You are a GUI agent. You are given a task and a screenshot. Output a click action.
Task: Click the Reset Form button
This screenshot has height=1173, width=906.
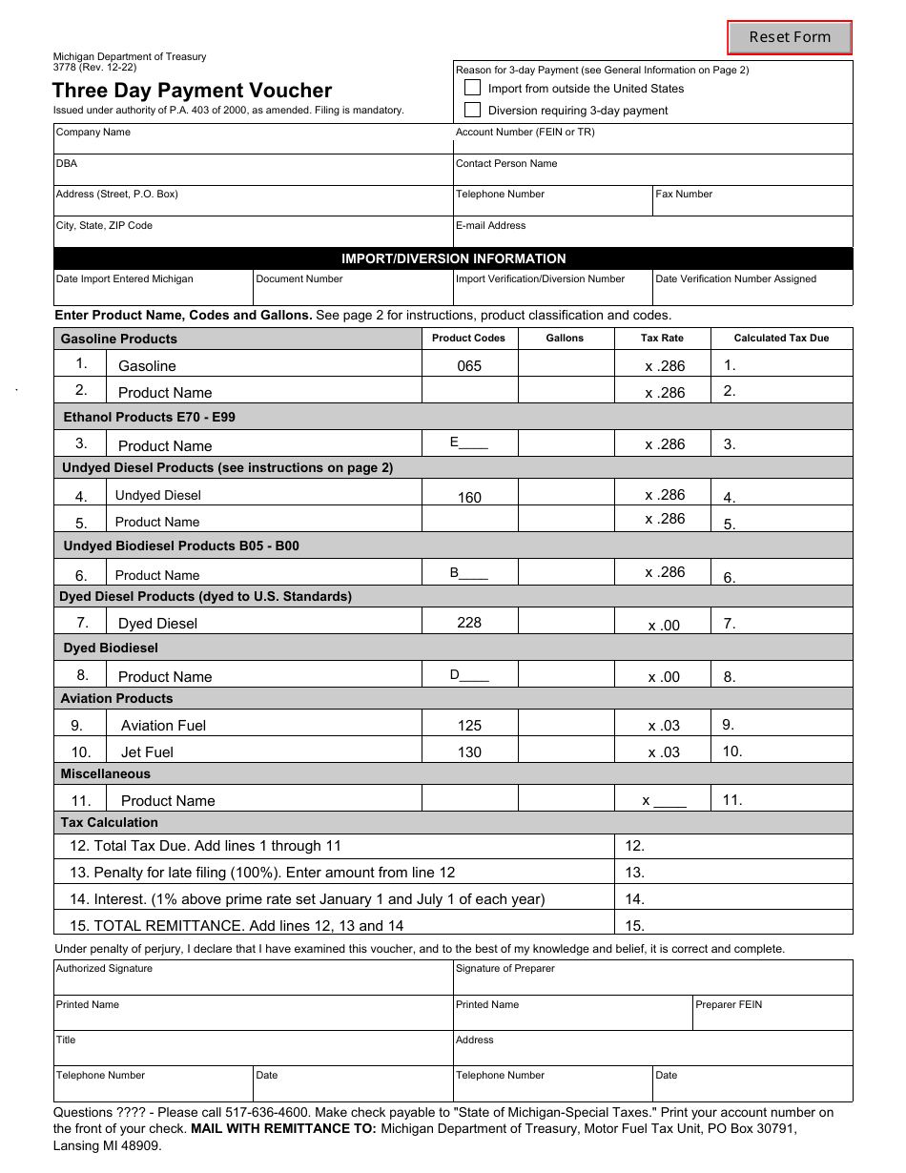(790, 37)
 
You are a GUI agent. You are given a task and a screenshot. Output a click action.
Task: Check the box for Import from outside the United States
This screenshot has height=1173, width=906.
(473, 88)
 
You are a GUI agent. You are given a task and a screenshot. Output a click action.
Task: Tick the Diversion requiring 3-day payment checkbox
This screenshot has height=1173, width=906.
(473, 110)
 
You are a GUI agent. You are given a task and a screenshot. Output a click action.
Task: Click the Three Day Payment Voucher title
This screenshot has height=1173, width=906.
(192, 91)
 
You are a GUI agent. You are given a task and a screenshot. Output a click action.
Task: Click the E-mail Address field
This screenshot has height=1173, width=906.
(652, 234)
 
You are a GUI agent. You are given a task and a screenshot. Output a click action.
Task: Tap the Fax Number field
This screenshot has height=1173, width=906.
(752, 202)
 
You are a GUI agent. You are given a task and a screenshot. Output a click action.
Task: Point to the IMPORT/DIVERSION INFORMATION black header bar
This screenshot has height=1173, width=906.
(453, 258)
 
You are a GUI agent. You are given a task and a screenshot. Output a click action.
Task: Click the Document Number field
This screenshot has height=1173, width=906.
(353, 290)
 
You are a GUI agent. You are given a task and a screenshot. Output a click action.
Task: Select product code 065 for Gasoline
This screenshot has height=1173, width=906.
(469, 366)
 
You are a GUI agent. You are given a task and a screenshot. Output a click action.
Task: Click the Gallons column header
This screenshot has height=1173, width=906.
(565, 338)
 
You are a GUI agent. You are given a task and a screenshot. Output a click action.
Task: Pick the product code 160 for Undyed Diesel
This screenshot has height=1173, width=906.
(469, 498)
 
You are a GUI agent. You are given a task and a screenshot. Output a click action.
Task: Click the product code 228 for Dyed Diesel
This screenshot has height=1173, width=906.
(469, 623)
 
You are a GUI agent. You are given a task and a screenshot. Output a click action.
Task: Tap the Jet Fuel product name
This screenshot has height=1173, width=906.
(147, 752)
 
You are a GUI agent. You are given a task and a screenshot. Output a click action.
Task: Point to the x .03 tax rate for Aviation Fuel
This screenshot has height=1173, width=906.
(664, 726)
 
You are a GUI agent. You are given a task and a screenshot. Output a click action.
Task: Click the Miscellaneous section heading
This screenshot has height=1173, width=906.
(106, 774)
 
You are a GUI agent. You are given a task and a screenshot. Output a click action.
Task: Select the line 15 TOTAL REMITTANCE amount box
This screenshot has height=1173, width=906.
(734, 925)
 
